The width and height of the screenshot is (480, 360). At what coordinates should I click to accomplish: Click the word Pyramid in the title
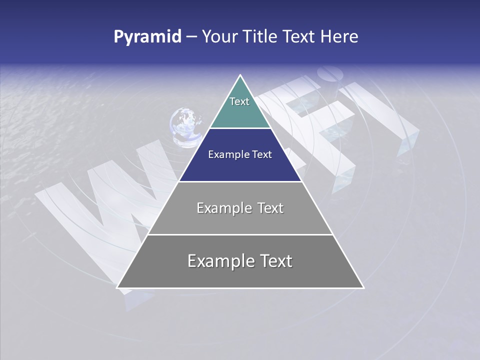(x=147, y=37)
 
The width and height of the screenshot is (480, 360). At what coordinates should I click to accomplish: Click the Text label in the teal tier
(x=239, y=101)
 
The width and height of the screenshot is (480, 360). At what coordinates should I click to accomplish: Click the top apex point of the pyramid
(x=240, y=75)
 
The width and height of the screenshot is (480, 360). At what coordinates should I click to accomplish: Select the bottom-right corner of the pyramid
(x=363, y=287)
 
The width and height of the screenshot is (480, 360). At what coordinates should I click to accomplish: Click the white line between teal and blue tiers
(x=240, y=128)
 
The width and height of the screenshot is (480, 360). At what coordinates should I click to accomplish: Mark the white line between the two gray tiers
(x=240, y=234)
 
